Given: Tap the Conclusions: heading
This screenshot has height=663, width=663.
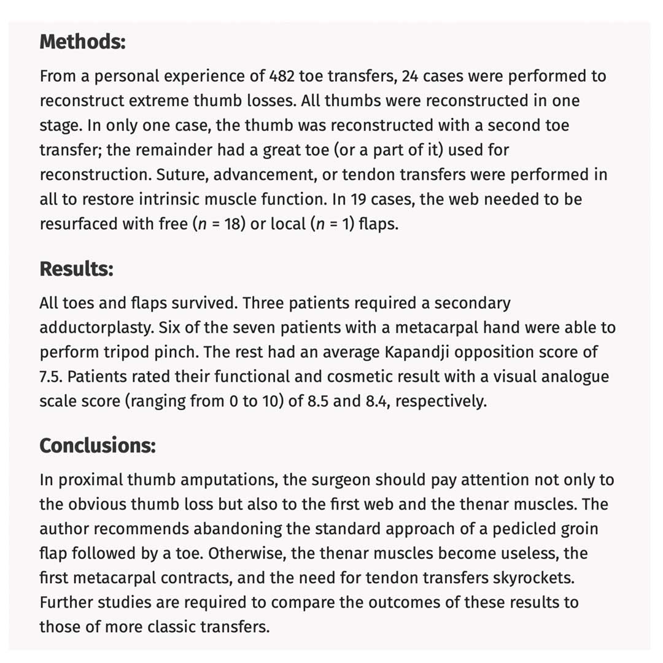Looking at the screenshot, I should tap(98, 445).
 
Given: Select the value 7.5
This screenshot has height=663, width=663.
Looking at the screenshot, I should tap(51, 376).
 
